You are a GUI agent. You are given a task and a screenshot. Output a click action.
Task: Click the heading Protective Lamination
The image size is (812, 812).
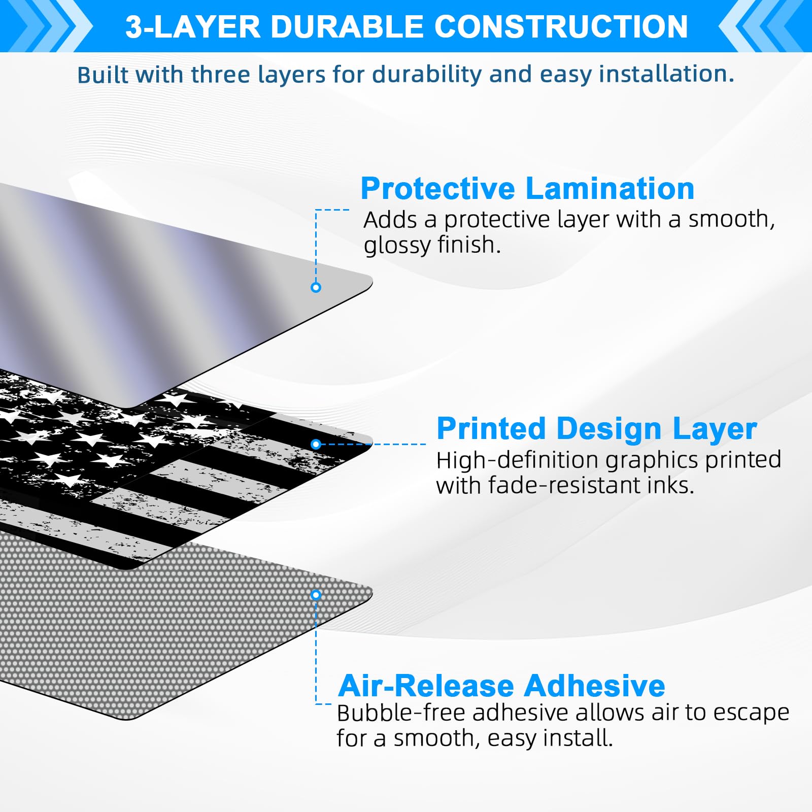pos(527,189)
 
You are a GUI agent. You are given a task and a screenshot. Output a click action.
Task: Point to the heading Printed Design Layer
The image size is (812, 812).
pos(597,429)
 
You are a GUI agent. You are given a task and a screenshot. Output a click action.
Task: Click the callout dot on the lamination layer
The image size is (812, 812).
pos(316,287)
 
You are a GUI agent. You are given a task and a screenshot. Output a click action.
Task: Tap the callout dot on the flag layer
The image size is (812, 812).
pos(316,444)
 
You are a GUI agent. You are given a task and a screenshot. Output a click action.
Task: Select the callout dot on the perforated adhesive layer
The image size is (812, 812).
pos(316,594)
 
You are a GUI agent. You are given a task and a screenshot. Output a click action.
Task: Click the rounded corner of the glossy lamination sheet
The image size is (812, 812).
pos(369,281)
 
